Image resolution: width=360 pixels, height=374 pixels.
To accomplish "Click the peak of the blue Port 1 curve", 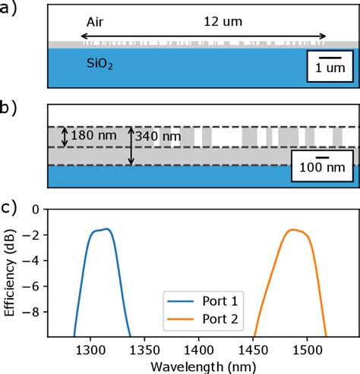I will (107, 229).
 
